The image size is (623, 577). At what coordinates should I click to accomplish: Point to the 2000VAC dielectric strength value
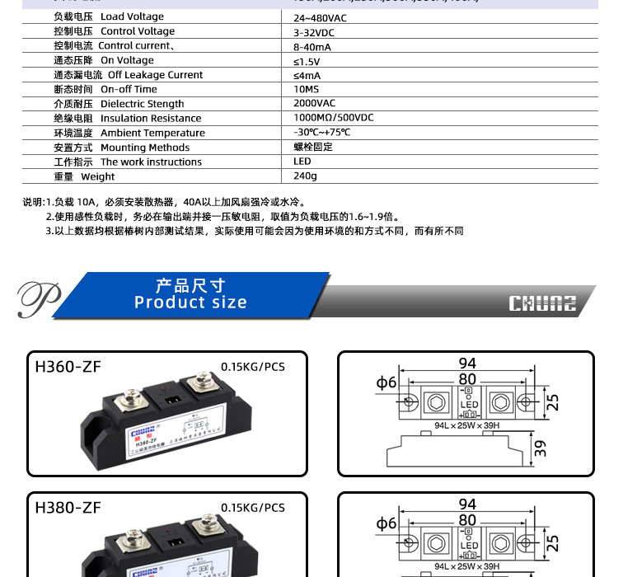[314, 104]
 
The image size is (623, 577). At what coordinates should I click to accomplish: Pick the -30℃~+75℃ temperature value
[322, 133]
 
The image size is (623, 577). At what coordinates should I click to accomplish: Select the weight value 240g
[305, 176]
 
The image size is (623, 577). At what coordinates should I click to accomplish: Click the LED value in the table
[302, 162]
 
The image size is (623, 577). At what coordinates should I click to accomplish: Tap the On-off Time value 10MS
[305, 89]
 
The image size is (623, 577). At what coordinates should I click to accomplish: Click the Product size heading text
[190, 294]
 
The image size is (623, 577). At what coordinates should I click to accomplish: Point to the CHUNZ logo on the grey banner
[541, 303]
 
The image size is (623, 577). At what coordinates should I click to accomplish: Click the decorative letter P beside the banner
[38, 298]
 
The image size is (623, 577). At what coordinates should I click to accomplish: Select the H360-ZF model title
[68, 367]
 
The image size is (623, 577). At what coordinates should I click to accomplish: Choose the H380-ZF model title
[68, 508]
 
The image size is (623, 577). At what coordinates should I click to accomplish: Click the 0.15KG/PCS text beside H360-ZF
[252, 367]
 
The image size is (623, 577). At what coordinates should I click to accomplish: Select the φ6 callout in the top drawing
[386, 382]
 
